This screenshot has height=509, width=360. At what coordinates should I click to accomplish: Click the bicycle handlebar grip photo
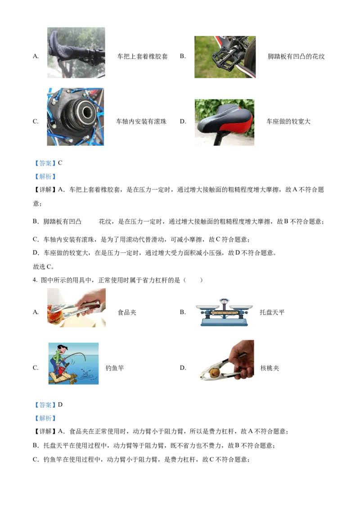[76, 53]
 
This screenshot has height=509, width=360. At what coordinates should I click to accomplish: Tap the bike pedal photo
[225, 57]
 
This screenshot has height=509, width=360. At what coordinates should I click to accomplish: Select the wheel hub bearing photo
[76, 116]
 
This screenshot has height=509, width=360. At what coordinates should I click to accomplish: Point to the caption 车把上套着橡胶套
[142, 57]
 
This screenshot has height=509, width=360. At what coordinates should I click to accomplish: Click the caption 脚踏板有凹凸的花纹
[296, 57]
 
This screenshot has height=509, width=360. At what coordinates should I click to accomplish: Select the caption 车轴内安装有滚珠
[141, 121]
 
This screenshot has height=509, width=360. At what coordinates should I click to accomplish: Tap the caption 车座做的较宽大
[288, 121]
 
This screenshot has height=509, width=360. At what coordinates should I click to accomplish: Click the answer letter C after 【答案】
[60, 163]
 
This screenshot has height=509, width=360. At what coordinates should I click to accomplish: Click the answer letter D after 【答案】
[60, 405]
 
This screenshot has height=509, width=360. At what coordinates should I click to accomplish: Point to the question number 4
[35, 280]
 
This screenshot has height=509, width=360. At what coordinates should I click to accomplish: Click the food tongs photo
[76, 308]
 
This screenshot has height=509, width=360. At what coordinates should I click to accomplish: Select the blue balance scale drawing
[224, 313]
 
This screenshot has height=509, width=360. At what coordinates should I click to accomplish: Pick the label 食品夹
[127, 313]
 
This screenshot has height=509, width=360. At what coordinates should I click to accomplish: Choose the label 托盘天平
[272, 313]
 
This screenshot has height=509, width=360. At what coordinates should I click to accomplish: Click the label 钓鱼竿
[115, 368]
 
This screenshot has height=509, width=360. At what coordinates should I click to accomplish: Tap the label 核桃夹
[270, 368]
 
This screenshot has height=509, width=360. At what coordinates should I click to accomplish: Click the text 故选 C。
[44, 267]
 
